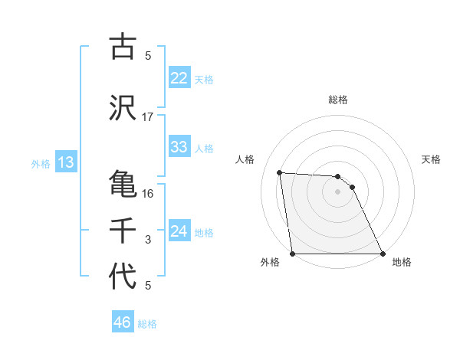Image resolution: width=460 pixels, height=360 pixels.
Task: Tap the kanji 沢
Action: (123, 108)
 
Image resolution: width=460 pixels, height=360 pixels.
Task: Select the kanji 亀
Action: (123, 184)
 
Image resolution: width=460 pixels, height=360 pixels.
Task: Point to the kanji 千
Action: (123, 230)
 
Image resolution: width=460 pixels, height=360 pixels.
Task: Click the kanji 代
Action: (123, 277)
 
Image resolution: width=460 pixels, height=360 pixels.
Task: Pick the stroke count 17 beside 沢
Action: (148, 117)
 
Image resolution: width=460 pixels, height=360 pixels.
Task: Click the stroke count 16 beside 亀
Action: (148, 193)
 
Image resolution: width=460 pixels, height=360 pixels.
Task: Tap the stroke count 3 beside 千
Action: (148, 240)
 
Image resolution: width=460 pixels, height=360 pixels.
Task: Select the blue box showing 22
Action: (179, 78)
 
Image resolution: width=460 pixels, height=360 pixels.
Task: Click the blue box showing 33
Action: (179, 147)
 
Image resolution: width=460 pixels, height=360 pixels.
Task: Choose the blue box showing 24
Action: (179, 231)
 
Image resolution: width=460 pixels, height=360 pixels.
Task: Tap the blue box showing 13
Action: (65, 162)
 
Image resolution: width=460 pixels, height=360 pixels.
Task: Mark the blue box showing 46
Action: (123, 322)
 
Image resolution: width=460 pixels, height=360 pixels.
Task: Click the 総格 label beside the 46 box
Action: (147, 324)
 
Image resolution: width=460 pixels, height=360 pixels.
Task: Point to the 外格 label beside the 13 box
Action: (41, 163)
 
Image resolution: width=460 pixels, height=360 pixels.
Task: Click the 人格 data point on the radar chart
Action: (280, 172)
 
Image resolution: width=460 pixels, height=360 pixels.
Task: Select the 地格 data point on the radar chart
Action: (383, 254)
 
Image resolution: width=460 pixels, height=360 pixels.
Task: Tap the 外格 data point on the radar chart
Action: (293, 254)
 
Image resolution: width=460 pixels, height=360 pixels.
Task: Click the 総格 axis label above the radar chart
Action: (338, 100)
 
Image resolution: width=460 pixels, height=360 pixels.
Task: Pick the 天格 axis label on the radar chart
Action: (432, 159)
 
